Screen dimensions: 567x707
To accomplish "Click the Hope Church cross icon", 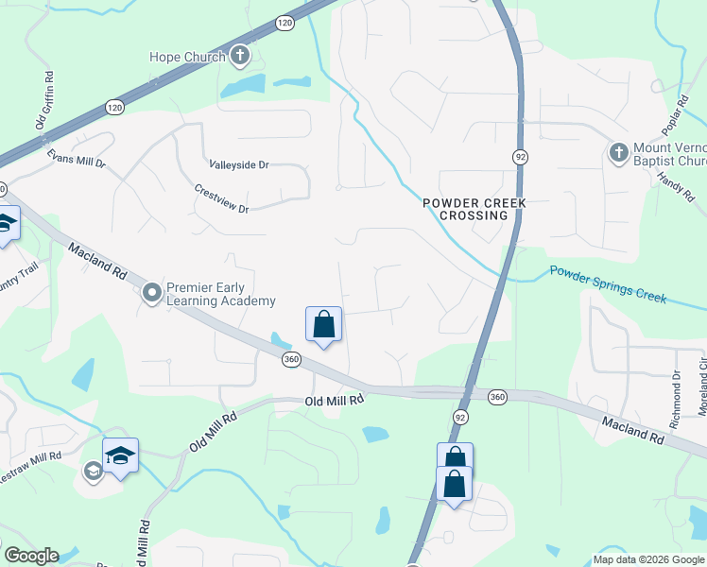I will click(x=240, y=56).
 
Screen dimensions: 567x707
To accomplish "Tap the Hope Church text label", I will click(x=187, y=57).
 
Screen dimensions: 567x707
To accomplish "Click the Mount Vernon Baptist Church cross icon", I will click(x=619, y=152).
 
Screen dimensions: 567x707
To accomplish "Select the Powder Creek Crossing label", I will click(x=473, y=209).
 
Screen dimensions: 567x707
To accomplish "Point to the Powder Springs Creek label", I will click(x=608, y=283).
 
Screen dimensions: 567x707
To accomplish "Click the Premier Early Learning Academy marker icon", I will click(x=152, y=294).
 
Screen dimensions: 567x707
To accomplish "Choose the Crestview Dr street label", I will click(x=220, y=197).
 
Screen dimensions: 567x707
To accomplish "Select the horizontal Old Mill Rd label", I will click(x=335, y=401).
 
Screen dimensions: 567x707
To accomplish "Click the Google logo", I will click(x=31, y=556).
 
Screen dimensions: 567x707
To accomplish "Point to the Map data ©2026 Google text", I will click(x=647, y=559).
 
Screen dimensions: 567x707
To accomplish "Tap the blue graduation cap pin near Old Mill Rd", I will click(x=120, y=455).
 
